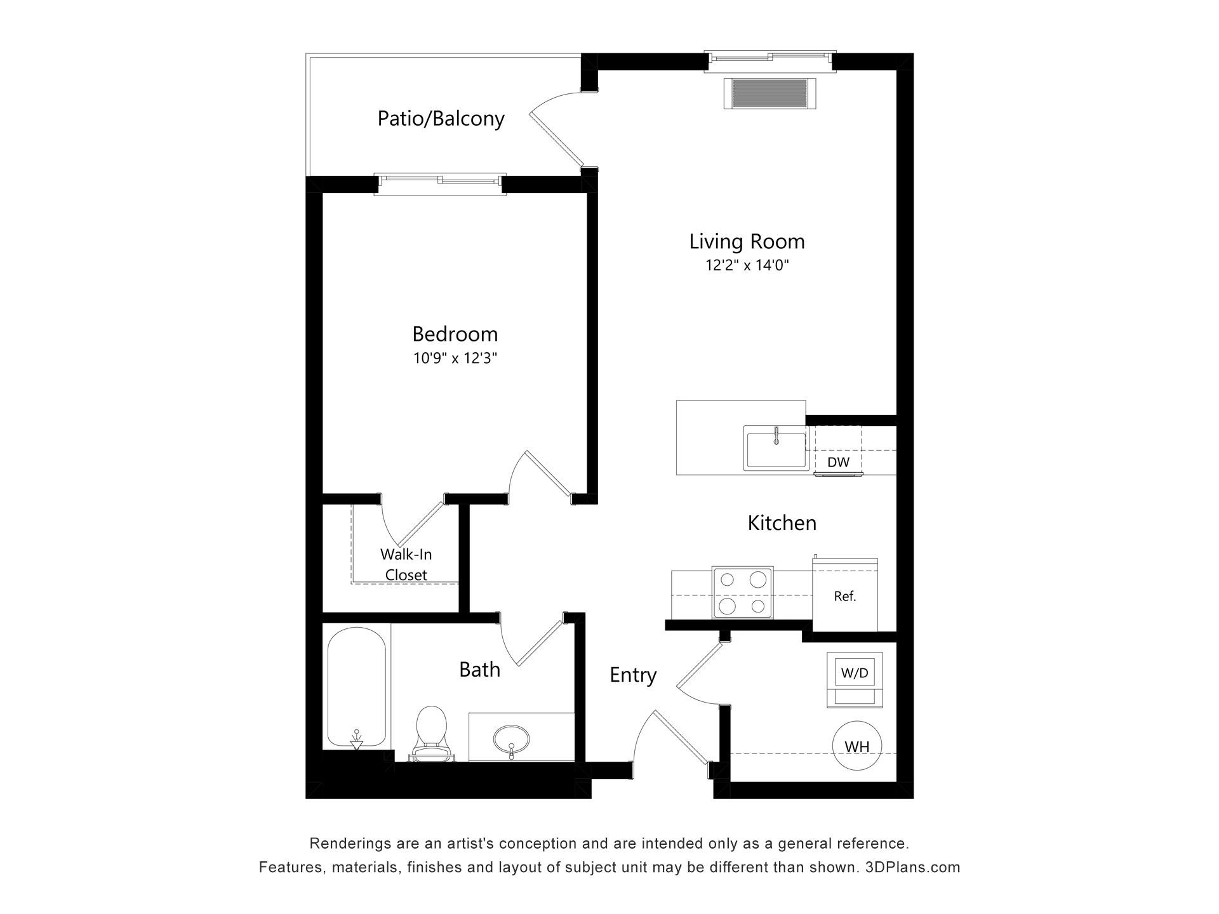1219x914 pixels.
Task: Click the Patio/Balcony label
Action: (x=441, y=119)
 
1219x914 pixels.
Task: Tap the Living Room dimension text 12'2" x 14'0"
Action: (x=747, y=265)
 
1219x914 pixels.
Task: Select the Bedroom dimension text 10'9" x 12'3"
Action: (x=455, y=359)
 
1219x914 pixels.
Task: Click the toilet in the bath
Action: (x=432, y=734)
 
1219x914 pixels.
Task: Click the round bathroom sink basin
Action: (x=512, y=739)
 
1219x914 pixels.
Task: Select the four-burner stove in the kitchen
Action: (x=742, y=592)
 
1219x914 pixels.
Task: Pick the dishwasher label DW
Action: (x=838, y=462)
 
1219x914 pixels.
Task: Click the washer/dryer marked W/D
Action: (x=855, y=680)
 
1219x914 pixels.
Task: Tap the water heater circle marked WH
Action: (x=857, y=746)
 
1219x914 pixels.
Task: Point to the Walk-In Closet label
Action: (x=406, y=564)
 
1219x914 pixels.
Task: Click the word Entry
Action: (x=633, y=675)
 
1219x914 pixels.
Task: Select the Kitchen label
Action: (x=782, y=523)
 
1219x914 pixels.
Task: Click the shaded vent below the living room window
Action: (x=769, y=93)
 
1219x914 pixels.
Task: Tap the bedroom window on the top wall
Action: (x=440, y=183)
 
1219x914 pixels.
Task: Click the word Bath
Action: (x=479, y=670)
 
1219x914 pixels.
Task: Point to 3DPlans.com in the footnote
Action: (x=912, y=868)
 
